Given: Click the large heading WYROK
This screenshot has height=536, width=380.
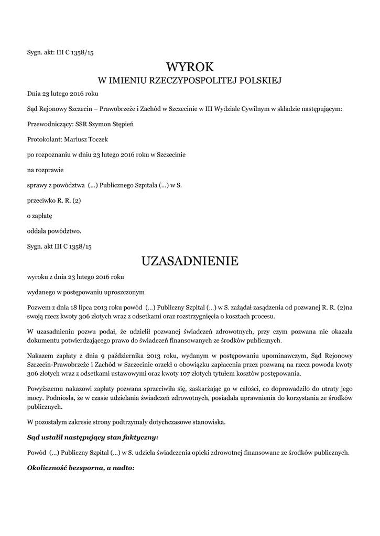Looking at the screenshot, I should point(190,67).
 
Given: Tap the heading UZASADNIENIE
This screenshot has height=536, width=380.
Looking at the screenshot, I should point(190,261).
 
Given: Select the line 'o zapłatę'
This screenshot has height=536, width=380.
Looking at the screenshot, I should point(40,215).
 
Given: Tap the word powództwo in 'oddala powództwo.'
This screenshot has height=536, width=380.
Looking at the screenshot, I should point(65,230).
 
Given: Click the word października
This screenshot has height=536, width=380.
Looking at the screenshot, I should point(102,356).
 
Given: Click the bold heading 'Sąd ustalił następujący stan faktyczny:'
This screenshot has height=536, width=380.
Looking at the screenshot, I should point(93,437).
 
